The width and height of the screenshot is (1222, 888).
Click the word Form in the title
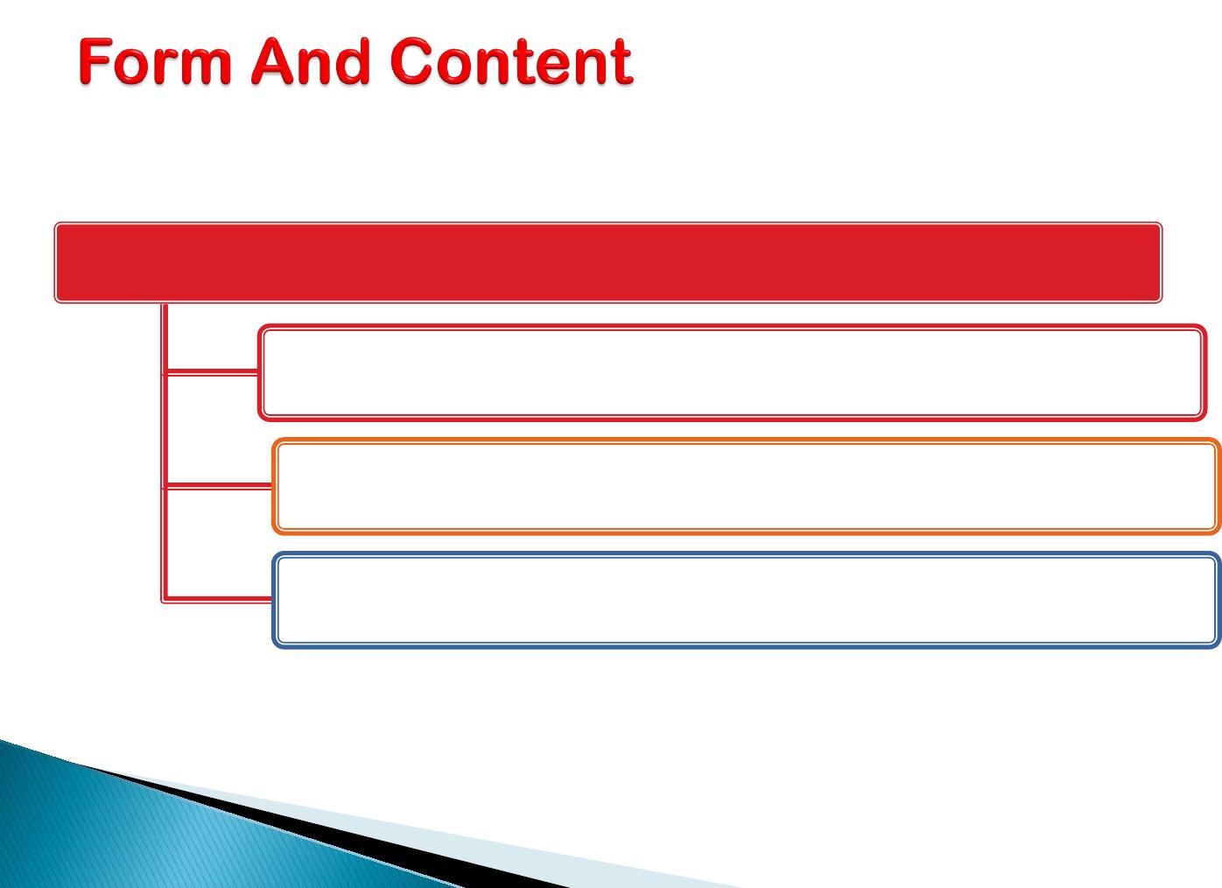point(155,61)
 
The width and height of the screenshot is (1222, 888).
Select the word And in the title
point(311,61)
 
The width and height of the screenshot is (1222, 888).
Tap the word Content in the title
point(511,61)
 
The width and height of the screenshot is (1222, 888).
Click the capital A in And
point(273,60)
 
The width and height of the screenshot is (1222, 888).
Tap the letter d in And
point(353,61)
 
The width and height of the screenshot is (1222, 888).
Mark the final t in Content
point(622,63)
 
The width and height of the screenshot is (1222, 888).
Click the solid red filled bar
point(608,263)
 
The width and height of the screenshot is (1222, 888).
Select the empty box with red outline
point(732,327)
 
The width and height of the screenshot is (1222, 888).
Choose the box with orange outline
point(747,440)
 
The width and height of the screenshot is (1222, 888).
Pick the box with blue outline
point(747,555)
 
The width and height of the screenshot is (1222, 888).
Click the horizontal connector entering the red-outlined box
point(211,372)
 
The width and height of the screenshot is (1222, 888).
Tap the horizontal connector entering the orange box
point(218,486)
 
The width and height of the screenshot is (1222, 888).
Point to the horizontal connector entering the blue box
point(218,600)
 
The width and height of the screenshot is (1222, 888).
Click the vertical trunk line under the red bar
point(165,452)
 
